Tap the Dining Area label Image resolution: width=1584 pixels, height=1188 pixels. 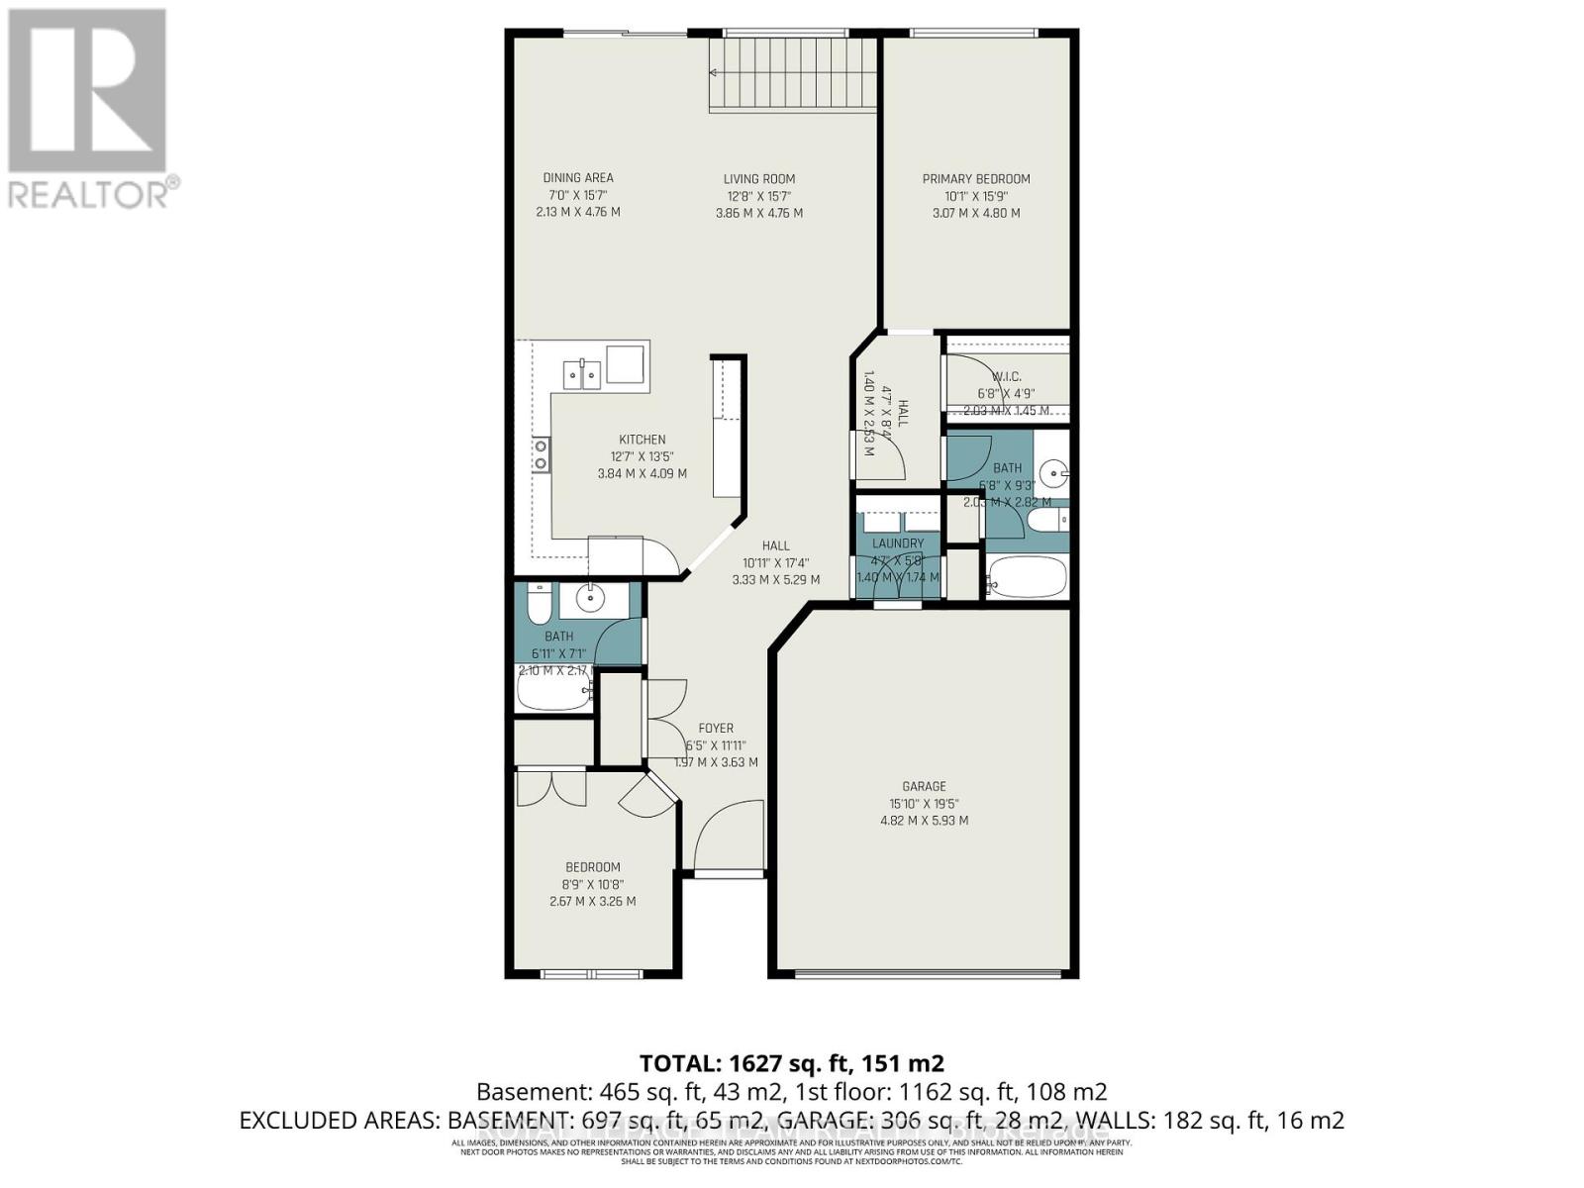pyautogui.click(x=577, y=179)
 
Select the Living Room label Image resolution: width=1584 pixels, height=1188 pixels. pyautogui.click(x=758, y=179)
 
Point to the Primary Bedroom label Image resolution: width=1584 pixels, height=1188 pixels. pyautogui.click(x=976, y=179)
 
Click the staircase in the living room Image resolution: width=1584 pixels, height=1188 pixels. pyautogui.click(x=792, y=75)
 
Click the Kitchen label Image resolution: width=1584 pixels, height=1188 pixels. pyautogui.click(x=642, y=440)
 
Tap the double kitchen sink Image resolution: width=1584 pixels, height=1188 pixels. pyautogui.click(x=582, y=375)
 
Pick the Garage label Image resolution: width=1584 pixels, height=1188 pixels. pyautogui.click(x=924, y=787)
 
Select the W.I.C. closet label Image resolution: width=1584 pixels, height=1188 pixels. pyautogui.click(x=1006, y=377)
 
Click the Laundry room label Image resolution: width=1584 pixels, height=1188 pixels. pyautogui.click(x=897, y=544)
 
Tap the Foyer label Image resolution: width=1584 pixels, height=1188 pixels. pyautogui.click(x=716, y=729)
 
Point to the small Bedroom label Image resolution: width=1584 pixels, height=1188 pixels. pyautogui.click(x=592, y=867)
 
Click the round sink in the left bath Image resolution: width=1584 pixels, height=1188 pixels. pyautogui.click(x=591, y=597)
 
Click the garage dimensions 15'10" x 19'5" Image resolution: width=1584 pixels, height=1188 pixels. pyautogui.click(x=924, y=804)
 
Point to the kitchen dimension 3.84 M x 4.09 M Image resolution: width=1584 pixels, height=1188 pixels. pyautogui.click(x=642, y=474)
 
